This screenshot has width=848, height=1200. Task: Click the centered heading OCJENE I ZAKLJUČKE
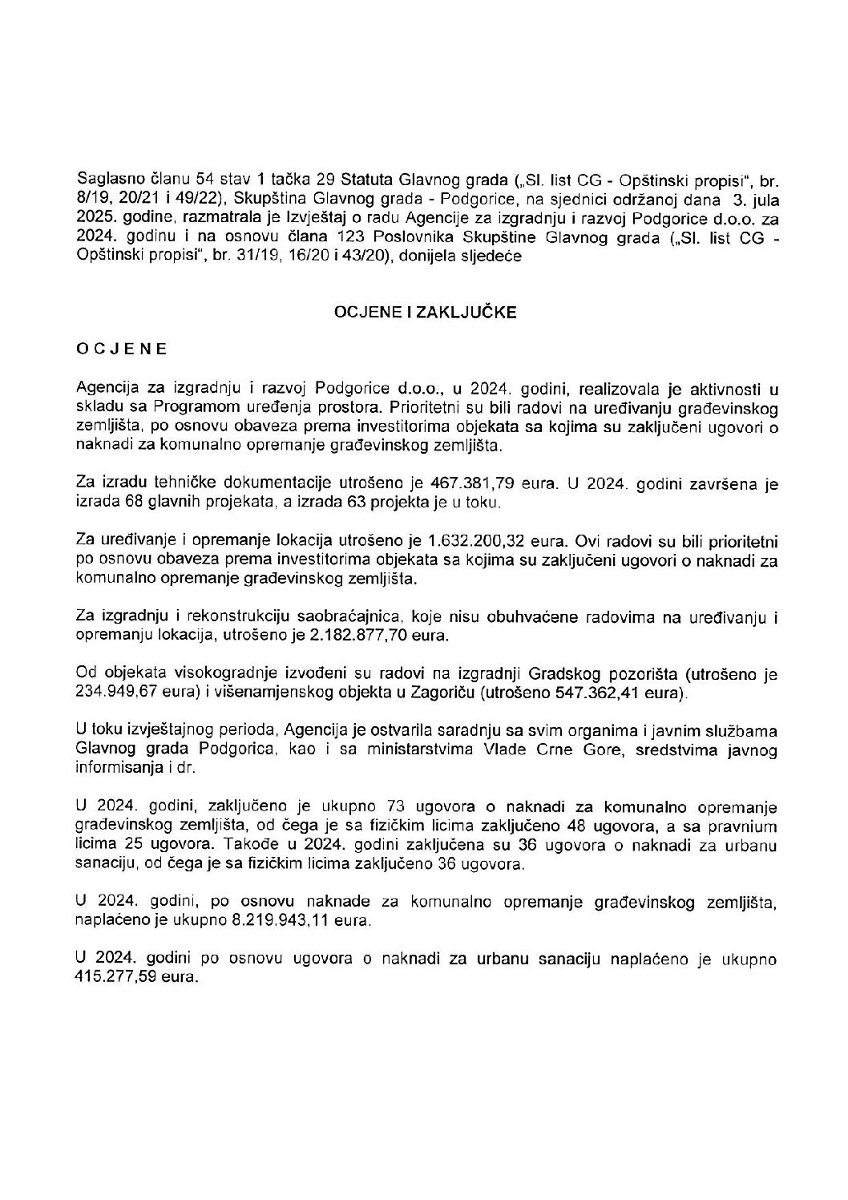[x=425, y=313]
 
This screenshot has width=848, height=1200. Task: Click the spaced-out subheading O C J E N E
[x=121, y=349]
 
